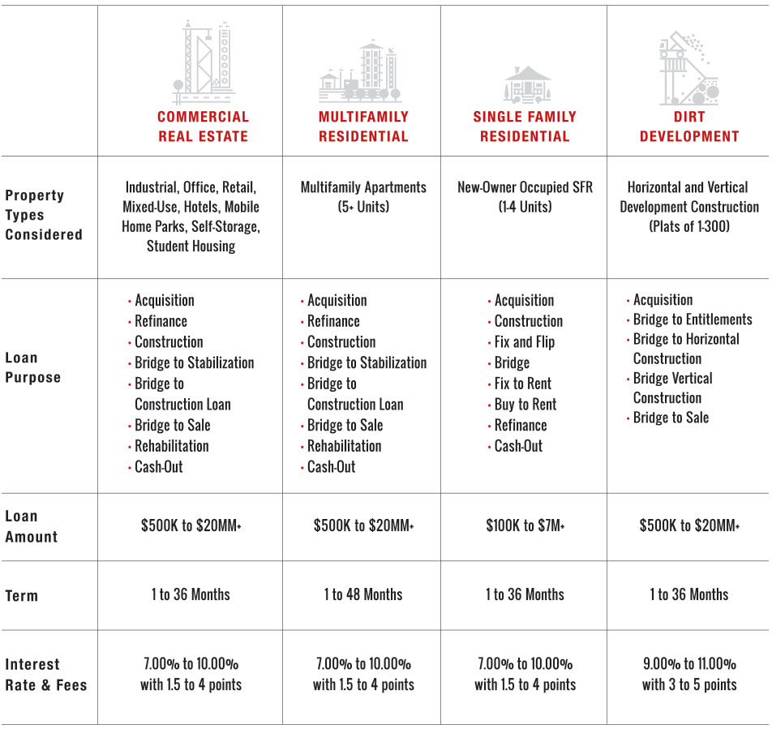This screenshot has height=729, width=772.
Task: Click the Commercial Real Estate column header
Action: coord(203,127)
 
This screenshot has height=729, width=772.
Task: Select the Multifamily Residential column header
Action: coord(363,127)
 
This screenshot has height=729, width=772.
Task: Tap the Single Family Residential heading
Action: coord(525,127)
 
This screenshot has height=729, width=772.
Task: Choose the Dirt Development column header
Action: coord(689,127)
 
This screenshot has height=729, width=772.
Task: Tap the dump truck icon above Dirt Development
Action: coord(689,69)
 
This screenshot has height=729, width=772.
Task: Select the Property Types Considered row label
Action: coord(44,215)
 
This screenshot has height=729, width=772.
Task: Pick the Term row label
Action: coord(21,595)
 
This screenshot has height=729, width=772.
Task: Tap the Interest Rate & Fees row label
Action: coord(45,675)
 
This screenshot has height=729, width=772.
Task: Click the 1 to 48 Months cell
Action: coord(363,594)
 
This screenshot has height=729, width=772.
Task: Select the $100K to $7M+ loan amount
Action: coord(525,526)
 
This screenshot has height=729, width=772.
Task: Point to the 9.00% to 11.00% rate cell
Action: coord(689,663)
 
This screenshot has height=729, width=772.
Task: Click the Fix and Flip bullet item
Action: coord(524,342)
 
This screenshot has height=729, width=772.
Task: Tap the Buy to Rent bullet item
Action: coord(525,405)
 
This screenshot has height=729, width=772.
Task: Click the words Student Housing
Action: coord(191,246)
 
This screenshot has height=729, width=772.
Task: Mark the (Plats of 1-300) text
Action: coord(689,227)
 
